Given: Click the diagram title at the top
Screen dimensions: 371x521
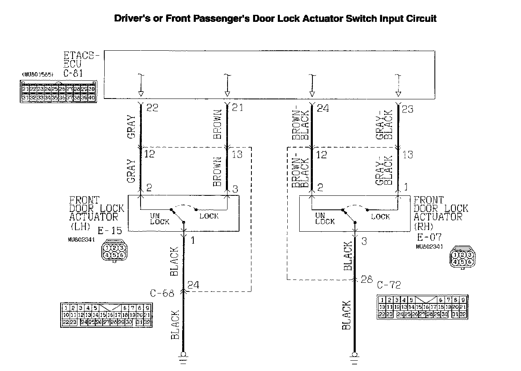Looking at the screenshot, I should point(275,19).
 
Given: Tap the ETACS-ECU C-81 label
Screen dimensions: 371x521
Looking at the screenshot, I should point(82,64).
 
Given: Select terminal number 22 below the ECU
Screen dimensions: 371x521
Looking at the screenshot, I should point(152,108).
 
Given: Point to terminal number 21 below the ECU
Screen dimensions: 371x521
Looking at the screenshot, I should point(238,108).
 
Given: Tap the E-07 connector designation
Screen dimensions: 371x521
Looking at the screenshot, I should point(429,237).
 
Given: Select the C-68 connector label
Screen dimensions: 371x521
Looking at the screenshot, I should point(162,293).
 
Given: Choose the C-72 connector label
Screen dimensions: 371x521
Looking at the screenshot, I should point(389,285).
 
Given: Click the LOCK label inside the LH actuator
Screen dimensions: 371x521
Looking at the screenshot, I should point(209,216).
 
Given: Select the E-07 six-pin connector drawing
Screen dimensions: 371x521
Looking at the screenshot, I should point(462,257).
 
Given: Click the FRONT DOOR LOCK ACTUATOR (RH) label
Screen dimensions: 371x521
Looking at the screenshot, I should point(441,213).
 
